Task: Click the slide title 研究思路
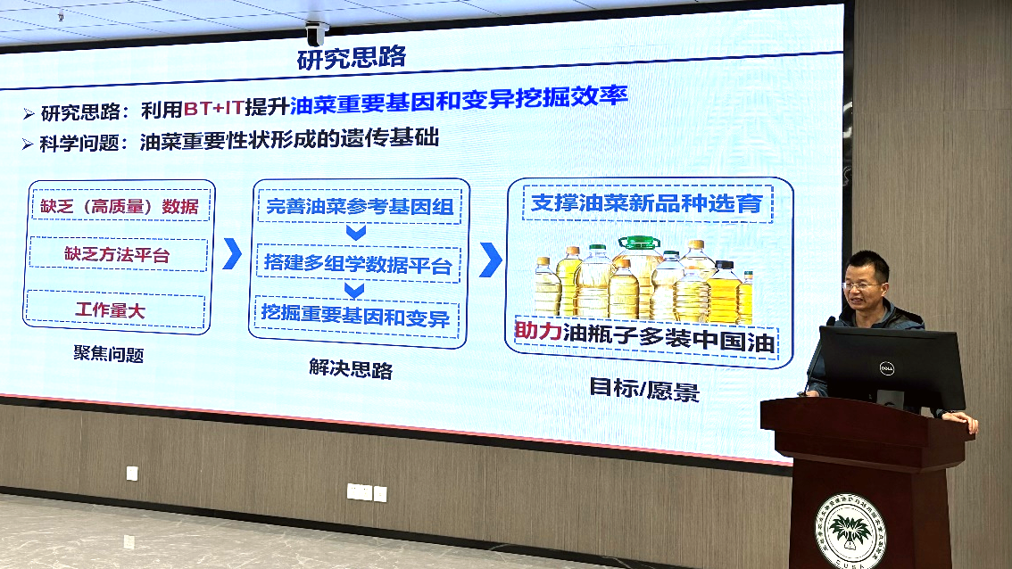pos(351,58)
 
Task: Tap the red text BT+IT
pos(213,108)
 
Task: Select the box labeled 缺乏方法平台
pos(118,254)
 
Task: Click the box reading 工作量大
pos(115,309)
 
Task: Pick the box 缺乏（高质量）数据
pos(120,206)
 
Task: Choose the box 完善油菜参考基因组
pos(359,206)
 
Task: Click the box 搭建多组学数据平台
pos(358,264)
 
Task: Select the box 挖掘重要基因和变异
pos(355,317)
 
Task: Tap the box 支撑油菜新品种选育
pos(647,203)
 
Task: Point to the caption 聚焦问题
pos(109,353)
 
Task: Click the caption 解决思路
pos(351,368)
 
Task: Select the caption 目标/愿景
pos(644,389)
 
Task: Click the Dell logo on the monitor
pos(887,368)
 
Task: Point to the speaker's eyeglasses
pos(861,285)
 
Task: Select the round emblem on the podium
pos(850,532)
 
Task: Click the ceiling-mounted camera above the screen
pos(316,34)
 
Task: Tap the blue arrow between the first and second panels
pos(232,253)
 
